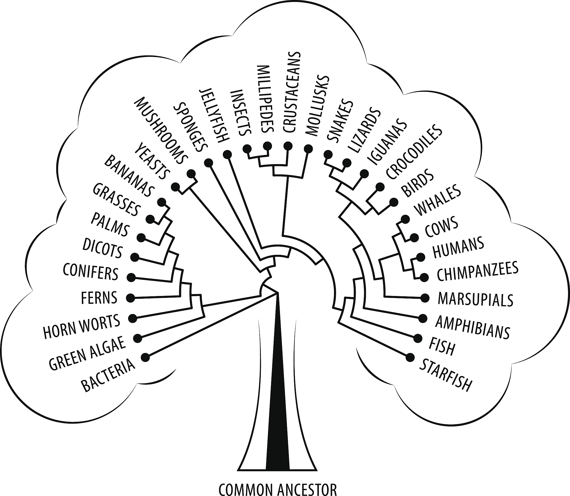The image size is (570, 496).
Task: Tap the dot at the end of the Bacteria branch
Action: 146,357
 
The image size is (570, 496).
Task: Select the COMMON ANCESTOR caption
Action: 277,488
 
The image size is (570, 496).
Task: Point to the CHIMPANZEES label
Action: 477,270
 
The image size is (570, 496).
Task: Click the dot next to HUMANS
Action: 420,257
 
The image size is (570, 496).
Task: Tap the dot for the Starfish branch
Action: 410,357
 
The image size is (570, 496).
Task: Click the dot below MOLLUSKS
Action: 308,148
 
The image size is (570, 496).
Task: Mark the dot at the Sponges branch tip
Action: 208,163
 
